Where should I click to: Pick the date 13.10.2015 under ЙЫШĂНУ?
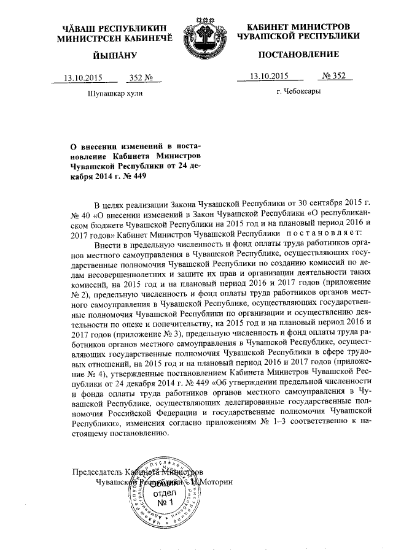[82, 78]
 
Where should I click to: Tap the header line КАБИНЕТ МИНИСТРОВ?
[299, 27]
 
